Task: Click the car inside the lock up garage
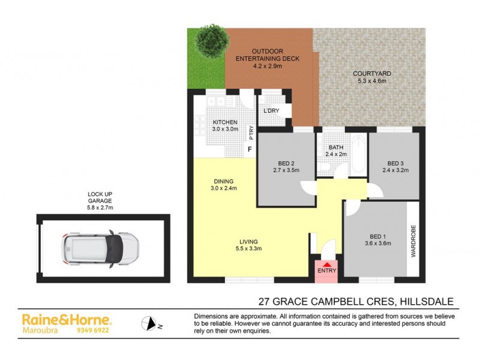(100, 247)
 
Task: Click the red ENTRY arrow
(326, 264)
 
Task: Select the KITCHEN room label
(224, 122)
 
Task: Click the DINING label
(223, 181)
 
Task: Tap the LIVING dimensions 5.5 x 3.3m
(250, 249)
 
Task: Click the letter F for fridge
(249, 149)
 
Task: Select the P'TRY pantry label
(251, 131)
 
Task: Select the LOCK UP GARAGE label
(100, 200)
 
